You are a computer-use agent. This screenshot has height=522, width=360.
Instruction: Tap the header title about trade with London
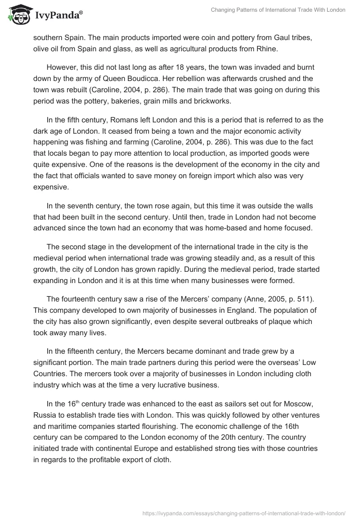(278, 10)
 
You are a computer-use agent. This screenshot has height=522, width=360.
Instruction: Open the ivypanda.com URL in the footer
(243, 513)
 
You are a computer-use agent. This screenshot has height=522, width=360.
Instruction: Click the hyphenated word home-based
(216, 228)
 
